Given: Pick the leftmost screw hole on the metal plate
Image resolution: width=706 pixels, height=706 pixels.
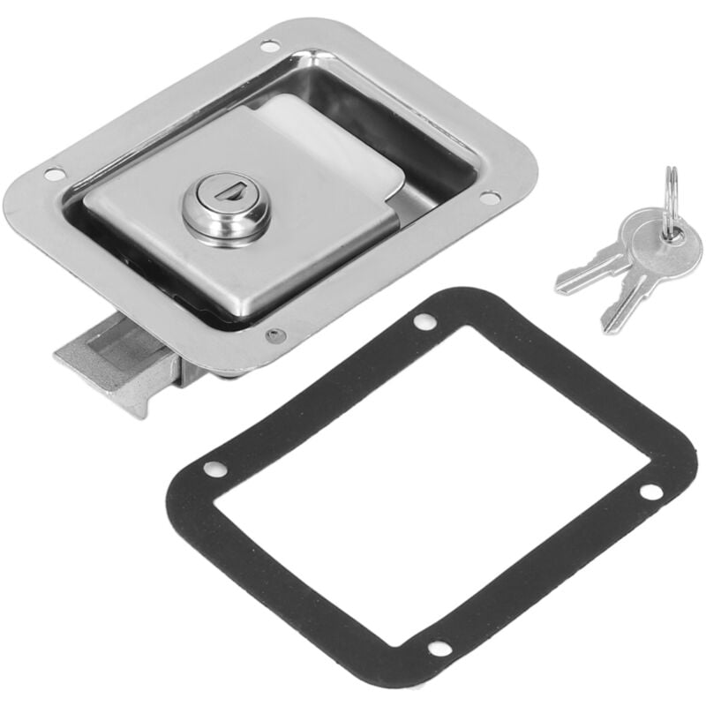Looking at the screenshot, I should coord(54,175).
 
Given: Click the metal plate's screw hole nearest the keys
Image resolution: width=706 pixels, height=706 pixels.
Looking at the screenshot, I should coord(489,197).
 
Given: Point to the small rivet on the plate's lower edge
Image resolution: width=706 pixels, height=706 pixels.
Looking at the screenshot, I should coord(273,335).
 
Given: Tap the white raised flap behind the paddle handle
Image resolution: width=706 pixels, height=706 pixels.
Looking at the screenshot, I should coord(335,146).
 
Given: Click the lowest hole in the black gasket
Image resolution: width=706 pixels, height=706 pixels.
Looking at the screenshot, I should coord(438,649).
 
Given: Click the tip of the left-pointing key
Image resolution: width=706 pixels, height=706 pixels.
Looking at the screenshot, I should coord(560,287).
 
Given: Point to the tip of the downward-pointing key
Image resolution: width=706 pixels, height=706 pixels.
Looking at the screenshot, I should coord(607,328).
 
